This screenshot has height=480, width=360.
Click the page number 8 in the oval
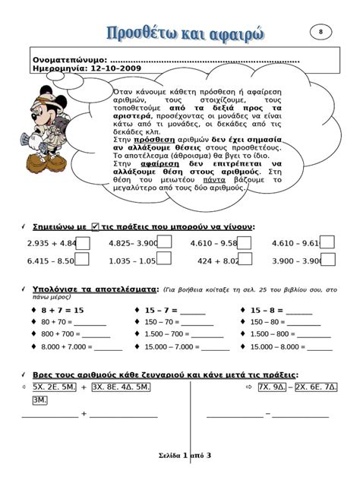coord(321,31)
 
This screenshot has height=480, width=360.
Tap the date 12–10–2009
coord(117,68)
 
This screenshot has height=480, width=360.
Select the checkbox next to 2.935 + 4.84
coord(83,243)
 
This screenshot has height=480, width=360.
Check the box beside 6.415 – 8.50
coord(83,260)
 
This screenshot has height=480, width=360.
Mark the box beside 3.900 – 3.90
coord(328,260)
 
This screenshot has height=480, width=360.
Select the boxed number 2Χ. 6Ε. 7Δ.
coord(317,387)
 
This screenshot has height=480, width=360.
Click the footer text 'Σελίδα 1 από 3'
coord(180,455)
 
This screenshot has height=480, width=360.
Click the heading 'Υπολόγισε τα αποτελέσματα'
coord(95,290)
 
